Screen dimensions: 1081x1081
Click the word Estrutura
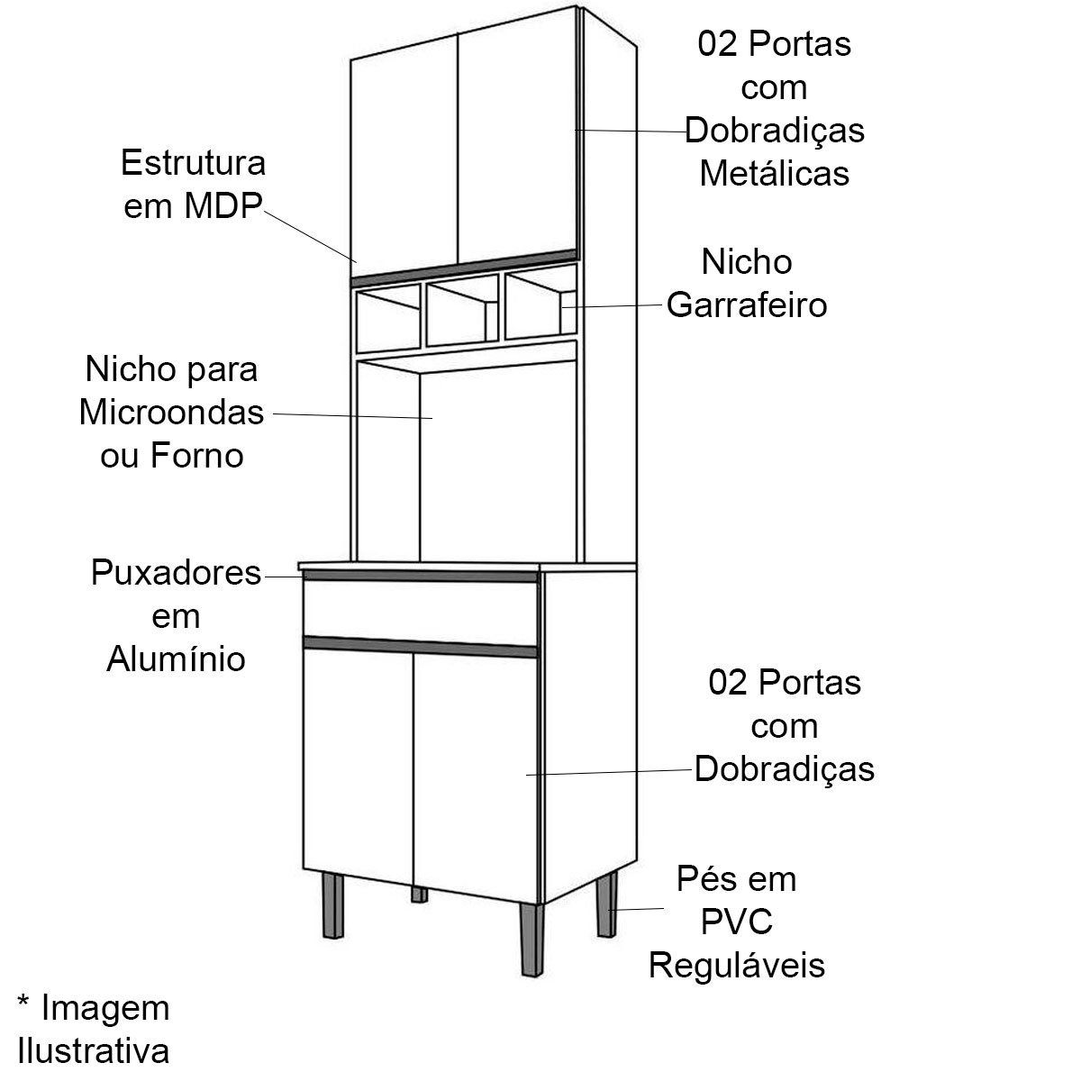[193, 163]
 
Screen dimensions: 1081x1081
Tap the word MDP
[223, 206]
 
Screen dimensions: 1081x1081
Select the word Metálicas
[774, 173]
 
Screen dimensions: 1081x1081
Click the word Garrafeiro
[747, 305]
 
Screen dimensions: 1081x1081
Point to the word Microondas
[172, 413]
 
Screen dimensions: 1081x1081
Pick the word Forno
[196, 456]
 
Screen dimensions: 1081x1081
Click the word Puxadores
[177, 573]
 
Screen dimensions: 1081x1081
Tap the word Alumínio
[177, 659]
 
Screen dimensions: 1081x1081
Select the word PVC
[737, 922]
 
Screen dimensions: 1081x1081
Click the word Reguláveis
[737, 966]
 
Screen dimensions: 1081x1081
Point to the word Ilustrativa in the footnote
[94, 1050]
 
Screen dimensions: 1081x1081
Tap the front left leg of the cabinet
[333, 904]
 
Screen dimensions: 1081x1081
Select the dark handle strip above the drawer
[421, 576]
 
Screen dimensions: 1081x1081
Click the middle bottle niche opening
[462, 312]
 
